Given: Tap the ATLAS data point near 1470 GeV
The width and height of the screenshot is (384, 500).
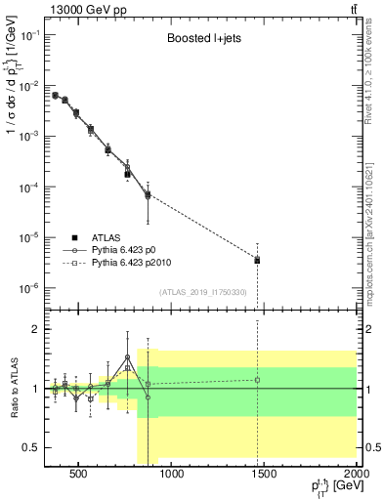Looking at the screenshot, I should [x=257, y=261].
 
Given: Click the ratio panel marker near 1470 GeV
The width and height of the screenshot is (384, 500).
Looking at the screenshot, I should [x=257, y=380].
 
